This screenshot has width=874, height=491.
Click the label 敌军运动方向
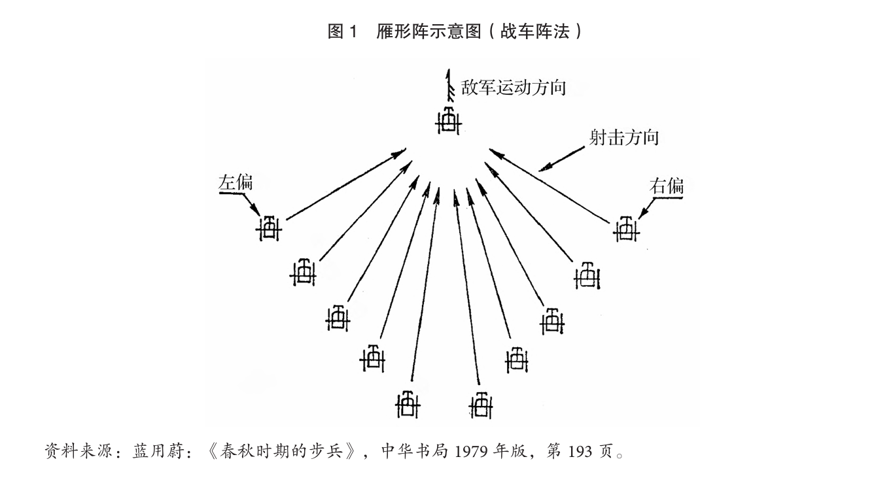tap(514, 87)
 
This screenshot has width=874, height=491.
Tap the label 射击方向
tap(623, 138)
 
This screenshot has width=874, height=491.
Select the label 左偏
tap(235, 182)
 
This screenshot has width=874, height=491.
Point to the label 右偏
tap(667, 186)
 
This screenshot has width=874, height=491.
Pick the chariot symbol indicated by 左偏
tap(269, 228)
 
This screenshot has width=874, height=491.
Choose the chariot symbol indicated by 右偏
tap(626, 229)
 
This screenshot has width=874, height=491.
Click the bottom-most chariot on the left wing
tap(408, 403)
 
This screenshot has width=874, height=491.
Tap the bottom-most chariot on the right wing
tap(481, 405)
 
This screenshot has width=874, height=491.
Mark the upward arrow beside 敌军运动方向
tap(449, 85)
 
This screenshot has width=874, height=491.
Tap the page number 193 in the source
tap(578, 451)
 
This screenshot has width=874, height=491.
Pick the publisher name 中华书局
tap(415, 451)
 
